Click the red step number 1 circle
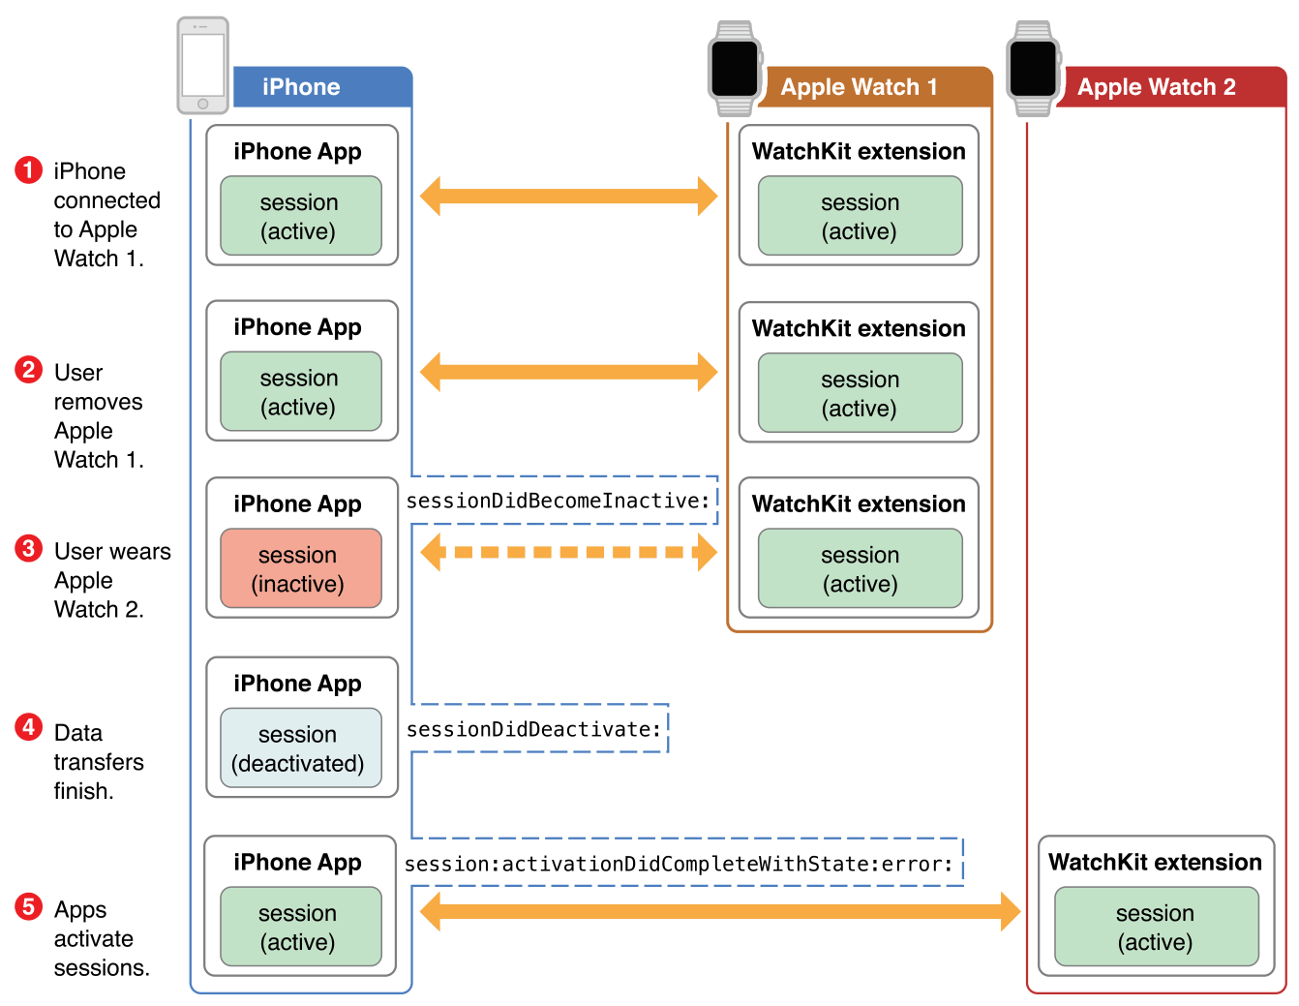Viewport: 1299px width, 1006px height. pyautogui.click(x=29, y=170)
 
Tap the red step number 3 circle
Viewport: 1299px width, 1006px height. pyautogui.click(x=29, y=549)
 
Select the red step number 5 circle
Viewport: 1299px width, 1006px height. pyautogui.click(x=29, y=906)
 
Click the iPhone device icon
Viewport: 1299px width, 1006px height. pyautogui.click(x=203, y=65)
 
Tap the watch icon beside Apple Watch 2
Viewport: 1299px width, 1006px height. pyautogui.click(x=1033, y=68)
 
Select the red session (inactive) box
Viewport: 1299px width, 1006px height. pyautogui.click(x=301, y=568)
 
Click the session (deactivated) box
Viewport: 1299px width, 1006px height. pyautogui.click(x=301, y=747)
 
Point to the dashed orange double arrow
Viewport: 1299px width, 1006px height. pyautogui.click(x=569, y=552)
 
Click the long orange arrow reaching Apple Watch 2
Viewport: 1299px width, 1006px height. pyautogui.click(x=720, y=911)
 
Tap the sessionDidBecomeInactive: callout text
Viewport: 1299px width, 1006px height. pyautogui.click(x=559, y=501)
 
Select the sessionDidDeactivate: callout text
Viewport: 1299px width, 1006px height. pyautogui.click(x=534, y=729)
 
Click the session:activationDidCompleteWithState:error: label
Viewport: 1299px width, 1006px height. pyautogui.click(x=680, y=864)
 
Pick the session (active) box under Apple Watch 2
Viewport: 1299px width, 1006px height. pyautogui.click(x=1156, y=927)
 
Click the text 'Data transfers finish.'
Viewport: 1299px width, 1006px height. pyautogui.click(x=97, y=761)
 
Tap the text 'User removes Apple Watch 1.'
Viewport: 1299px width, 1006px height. pyautogui.click(x=97, y=416)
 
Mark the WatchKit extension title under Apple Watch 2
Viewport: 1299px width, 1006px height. pyautogui.click(x=1155, y=862)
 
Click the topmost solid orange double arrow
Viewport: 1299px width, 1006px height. pyautogui.click(x=569, y=196)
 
